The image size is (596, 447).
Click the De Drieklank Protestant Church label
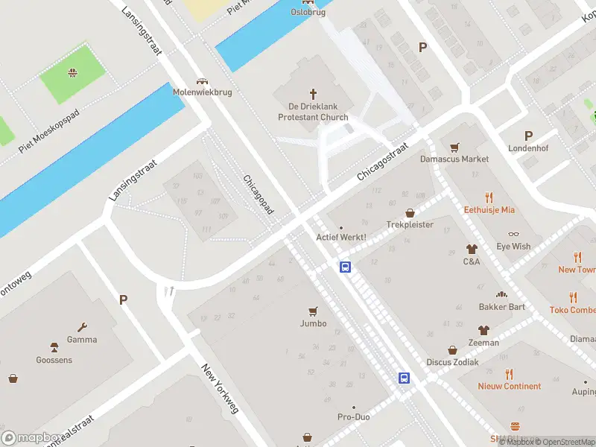click(313, 112)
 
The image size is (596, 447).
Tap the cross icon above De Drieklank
click(313, 94)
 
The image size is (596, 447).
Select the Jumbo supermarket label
click(313, 323)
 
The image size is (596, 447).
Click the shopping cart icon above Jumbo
click(313, 311)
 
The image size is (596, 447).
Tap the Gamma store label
click(82, 340)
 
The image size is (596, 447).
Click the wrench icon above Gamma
click(82, 327)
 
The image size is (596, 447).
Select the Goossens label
click(54, 359)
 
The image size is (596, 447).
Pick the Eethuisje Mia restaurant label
click(489, 210)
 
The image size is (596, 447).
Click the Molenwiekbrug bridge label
click(202, 92)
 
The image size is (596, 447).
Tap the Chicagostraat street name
click(383, 162)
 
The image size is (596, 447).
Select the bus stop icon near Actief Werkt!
click(346, 267)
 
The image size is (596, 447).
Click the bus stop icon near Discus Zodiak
click(404, 378)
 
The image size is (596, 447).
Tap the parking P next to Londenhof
click(529, 136)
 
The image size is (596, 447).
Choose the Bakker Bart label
click(502, 307)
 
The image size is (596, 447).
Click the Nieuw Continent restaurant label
click(510, 386)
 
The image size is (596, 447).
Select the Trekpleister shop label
click(410, 224)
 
